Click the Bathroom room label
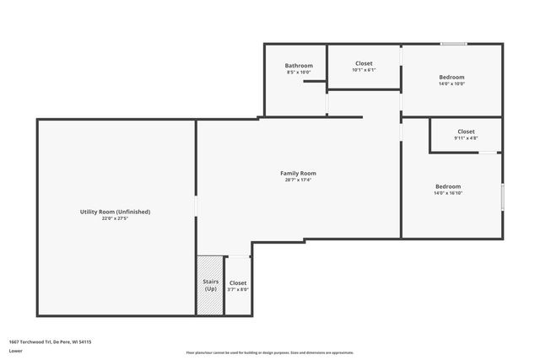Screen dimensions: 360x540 point(299,66)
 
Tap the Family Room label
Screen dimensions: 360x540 point(298,173)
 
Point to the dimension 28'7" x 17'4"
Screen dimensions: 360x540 point(298,180)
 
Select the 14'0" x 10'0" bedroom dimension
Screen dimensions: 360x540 point(451,83)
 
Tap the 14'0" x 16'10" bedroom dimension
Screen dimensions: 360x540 point(448,193)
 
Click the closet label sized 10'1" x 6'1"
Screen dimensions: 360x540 point(364,63)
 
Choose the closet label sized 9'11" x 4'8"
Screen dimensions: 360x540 point(466,132)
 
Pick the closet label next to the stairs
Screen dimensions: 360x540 point(238,283)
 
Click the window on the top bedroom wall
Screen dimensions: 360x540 point(454,44)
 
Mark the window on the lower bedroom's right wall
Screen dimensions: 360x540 point(502,196)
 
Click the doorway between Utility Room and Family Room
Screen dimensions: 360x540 point(197,207)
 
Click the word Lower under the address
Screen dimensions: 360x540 point(15,351)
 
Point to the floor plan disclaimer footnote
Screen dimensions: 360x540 point(269,352)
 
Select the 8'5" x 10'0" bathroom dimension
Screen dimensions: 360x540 point(299,73)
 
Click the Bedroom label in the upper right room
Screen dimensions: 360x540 point(451,77)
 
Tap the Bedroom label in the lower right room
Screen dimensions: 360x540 point(448,186)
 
